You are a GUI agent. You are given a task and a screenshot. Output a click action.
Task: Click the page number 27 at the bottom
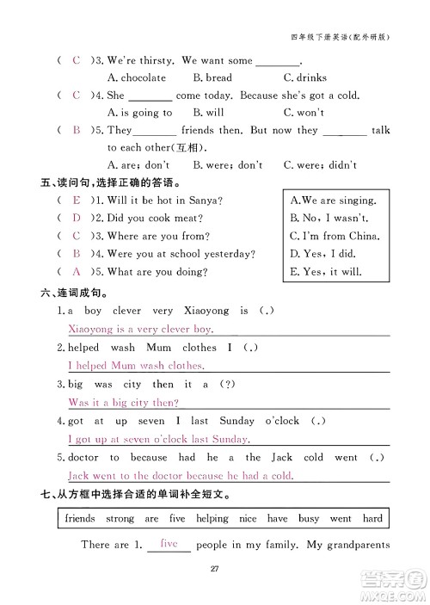215,566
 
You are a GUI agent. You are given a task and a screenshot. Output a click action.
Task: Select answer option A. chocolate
136,77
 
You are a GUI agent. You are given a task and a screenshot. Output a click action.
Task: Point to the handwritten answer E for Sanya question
77,201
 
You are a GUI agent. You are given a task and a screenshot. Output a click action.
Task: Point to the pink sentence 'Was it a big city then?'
123,403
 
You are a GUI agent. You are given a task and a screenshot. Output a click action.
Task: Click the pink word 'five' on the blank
169,544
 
